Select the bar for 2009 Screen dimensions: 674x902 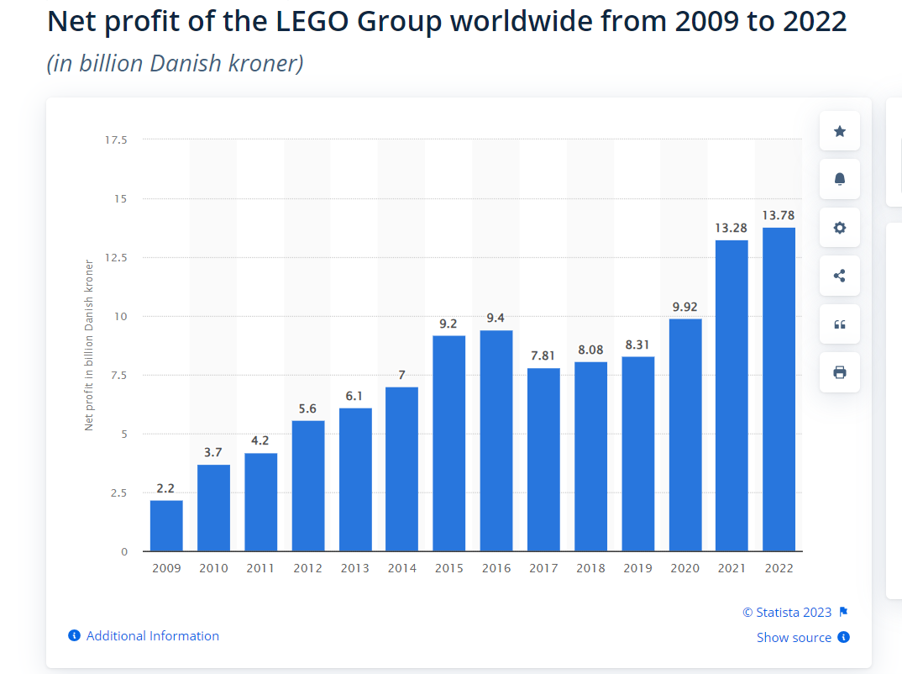[166, 525]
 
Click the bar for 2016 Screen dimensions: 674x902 [496, 440]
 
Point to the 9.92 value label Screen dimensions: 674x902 [684, 307]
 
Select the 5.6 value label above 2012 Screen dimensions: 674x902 [307, 408]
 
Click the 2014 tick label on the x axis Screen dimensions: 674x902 [401, 569]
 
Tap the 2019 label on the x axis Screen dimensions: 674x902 [637, 569]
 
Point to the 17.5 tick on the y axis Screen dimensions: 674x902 [116, 140]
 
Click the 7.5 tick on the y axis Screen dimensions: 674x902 [118, 375]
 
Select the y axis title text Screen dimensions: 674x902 [89, 345]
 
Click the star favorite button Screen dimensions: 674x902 [839, 131]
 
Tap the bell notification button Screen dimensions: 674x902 [839, 179]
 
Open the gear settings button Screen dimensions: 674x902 [839, 228]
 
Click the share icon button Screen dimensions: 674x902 [839, 276]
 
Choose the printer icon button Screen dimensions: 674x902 [839, 372]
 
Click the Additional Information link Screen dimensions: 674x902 [152, 636]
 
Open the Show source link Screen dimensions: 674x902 [794, 638]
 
